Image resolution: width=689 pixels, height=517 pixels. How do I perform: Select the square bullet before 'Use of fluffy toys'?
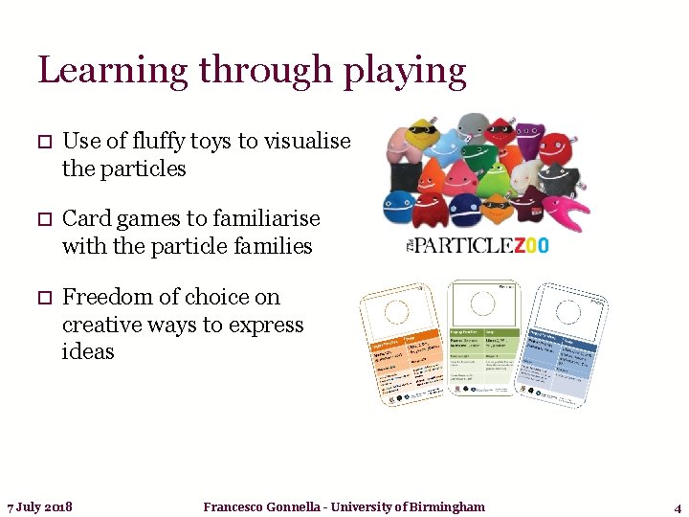coord(44,143)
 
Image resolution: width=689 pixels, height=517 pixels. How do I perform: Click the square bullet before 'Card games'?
coord(44,219)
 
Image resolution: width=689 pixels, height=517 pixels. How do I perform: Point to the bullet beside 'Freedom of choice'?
coord(44,298)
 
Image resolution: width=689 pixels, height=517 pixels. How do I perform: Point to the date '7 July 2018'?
coord(39,506)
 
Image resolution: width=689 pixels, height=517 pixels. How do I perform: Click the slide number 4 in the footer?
coord(678,506)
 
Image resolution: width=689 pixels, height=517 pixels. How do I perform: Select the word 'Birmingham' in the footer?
coord(447,506)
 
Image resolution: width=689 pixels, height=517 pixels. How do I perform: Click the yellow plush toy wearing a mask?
coord(415,141)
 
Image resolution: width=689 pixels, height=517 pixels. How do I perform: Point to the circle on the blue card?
coord(570,314)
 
